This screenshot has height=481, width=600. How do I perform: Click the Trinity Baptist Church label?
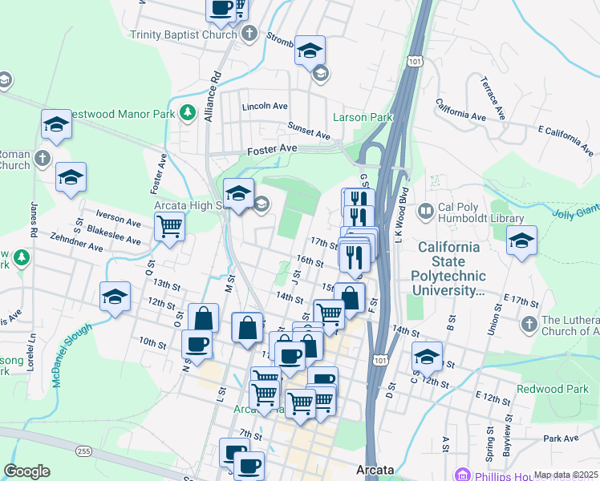[x=184, y=34]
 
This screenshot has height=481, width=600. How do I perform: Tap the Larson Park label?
[x=363, y=117]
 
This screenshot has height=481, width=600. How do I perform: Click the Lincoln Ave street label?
[x=265, y=106]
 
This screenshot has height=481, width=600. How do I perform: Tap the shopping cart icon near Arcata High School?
[x=170, y=227]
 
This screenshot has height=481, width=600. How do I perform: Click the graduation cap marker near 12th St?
[x=115, y=297]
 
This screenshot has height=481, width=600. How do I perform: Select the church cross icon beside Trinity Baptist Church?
[x=249, y=34]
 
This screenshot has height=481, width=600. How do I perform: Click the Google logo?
[x=26, y=471]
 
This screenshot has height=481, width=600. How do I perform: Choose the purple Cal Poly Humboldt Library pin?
[x=426, y=212]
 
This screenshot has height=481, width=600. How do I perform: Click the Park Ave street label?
[x=560, y=439]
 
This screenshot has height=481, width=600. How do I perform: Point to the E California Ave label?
[x=568, y=139]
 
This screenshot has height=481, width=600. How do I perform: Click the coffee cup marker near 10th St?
[x=197, y=346]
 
